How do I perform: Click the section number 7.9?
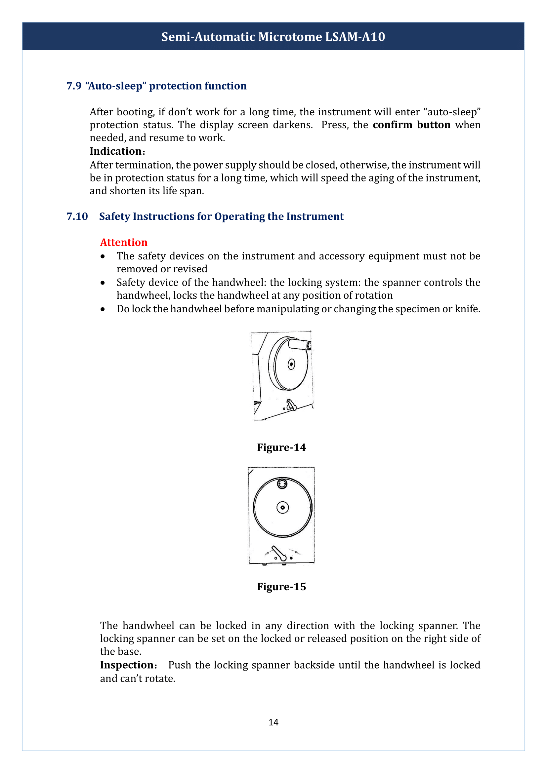pos(74,86)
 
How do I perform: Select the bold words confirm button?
pos(411,125)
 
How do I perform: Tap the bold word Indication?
pos(115,151)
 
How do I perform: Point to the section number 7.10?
pos(77,216)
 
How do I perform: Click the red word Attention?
pos(124,242)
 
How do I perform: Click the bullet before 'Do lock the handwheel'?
pos(103,309)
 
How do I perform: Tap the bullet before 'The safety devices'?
pos(103,256)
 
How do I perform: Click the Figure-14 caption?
pos(281,447)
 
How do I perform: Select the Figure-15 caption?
pos(281,587)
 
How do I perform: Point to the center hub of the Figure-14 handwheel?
pos(291,364)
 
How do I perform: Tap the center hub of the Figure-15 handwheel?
pos(282,507)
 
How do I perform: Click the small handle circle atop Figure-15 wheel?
pos(282,484)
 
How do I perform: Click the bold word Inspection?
pos(127,665)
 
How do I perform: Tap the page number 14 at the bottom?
pos(273,722)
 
